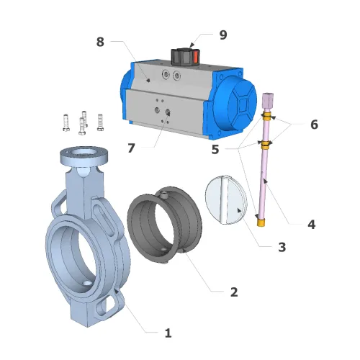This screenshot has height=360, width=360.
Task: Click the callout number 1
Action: click(x=168, y=333)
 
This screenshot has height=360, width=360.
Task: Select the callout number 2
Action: click(x=233, y=292)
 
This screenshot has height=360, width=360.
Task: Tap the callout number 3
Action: click(x=282, y=247)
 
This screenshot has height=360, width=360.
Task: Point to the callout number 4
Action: click(x=311, y=224)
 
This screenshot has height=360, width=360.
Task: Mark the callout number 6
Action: click(x=314, y=124)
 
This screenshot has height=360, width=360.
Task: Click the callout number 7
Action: click(x=131, y=148)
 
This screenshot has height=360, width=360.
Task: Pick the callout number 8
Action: click(x=100, y=42)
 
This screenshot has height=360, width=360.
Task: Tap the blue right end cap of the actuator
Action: click(x=235, y=104)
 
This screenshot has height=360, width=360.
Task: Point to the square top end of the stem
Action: click(x=269, y=100)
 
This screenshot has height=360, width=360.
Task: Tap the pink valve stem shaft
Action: click(x=263, y=173)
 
